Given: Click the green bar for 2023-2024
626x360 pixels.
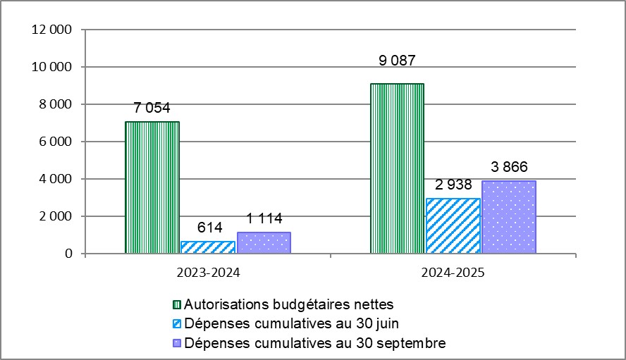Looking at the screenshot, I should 152,187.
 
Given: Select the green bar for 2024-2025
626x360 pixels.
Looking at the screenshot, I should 397,168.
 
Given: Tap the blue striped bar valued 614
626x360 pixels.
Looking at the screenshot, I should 208,247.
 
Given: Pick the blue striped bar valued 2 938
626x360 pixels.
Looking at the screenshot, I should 453,225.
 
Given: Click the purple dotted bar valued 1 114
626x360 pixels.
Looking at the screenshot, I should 264,242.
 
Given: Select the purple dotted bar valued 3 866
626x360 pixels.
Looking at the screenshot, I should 508,217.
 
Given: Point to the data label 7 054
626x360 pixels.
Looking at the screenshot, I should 152,108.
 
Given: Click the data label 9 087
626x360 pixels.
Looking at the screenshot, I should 397,70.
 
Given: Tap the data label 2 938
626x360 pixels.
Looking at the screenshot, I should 453,185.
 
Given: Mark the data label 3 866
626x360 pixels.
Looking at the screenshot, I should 508,167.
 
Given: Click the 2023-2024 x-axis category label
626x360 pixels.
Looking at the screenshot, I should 207,272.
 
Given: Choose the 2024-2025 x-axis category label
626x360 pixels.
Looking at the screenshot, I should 453,272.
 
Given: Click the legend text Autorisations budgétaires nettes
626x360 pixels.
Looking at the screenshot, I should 288,305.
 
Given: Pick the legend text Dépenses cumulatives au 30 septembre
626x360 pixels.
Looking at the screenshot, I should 314,343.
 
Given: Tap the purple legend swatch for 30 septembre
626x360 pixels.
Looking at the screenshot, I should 177,344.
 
